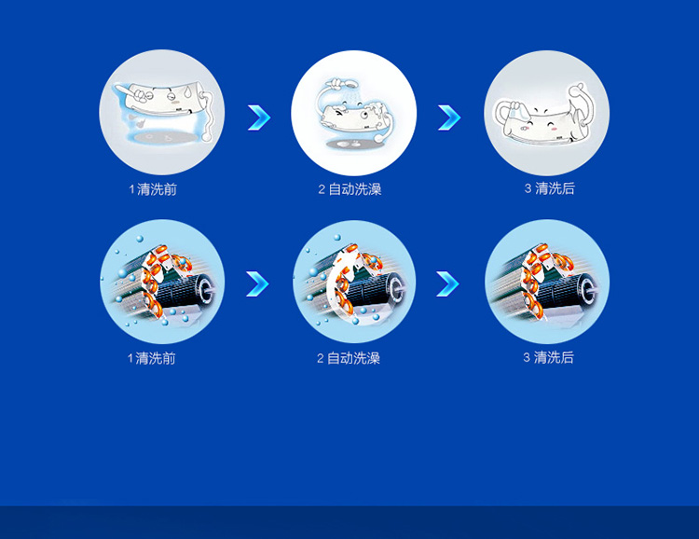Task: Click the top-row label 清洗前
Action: pyautogui.click(x=157, y=189)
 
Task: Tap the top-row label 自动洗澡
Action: pyautogui.click(x=355, y=189)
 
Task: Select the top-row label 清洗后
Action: pyautogui.click(x=555, y=188)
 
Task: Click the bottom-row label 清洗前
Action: pyautogui.click(x=156, y=358)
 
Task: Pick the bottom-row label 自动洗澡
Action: pyautogui.click(x=353, y=358)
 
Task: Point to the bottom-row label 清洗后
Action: pyautogui.click(x=554, y=357)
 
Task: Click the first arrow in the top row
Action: pyautogui.click(x=259, y=117)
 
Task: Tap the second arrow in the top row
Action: pyautogui.click(x=449, y=117)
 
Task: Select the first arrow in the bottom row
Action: pyautogui.click(x=257, y=283)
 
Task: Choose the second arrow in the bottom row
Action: pyautogui.click(x=447, y=283)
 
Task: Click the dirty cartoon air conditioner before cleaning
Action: pyautogui.click(x=163, y=101)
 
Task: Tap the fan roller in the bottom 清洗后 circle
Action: pyautogui.click(x=569, y=291)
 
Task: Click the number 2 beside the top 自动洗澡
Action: pyautogui.click(x=322, y=189)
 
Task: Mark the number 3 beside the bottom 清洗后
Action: pyautogui.click(x=527, y=357)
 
